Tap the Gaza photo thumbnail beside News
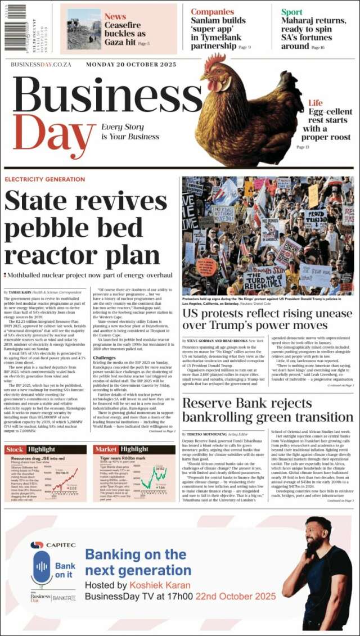[84, 29]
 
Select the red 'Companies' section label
[211, 12]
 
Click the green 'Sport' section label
[291, 12]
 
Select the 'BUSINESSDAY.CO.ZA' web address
[41, 65]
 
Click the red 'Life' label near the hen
[315, 103]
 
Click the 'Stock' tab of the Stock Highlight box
[15, 449]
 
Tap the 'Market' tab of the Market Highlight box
[106, 449]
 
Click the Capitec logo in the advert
[46, 545]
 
